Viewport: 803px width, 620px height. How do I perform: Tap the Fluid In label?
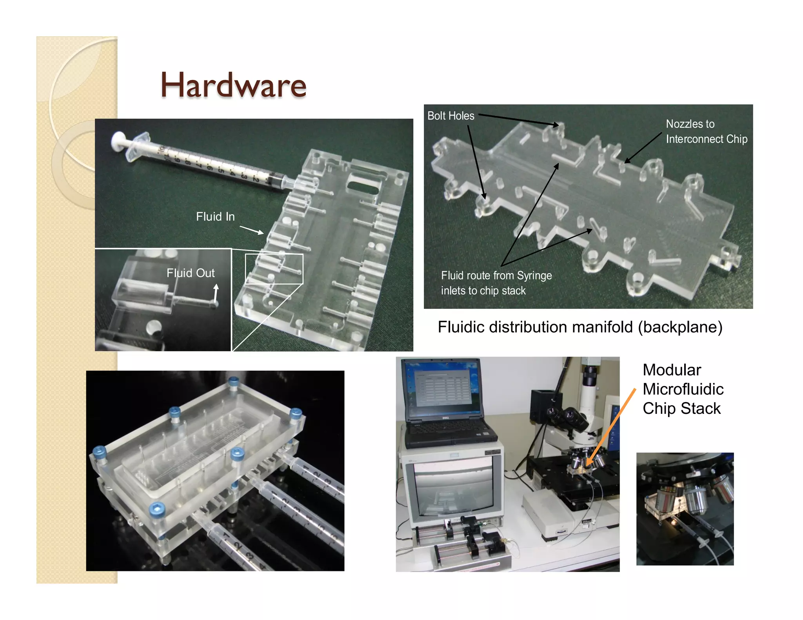[215, 217]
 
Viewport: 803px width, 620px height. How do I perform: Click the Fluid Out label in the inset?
[191, 273]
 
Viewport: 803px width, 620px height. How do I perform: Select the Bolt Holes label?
[451, 116]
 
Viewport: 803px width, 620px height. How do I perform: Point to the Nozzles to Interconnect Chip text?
[706, 132]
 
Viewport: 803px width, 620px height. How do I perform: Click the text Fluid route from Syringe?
[496, 276]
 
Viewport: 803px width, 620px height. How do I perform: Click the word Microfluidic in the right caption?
[683, 389]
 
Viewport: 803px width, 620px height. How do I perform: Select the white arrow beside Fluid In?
[251, 230]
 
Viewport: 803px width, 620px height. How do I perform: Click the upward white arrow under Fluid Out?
[216, 294]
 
